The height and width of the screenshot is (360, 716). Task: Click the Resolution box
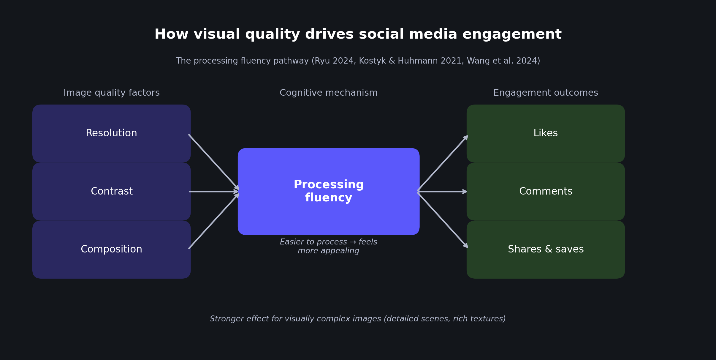coord(111,133)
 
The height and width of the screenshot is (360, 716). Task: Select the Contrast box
coord(111,192)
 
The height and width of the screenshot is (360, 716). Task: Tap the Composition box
coord(111,250)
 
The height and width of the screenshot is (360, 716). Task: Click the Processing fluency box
coord(328,191)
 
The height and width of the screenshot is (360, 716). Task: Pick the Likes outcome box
coord(546,133)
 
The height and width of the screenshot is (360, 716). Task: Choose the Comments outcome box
coord(546,192)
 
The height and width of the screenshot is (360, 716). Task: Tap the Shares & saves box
coord(546,250)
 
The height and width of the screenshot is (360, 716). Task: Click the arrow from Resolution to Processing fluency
coord(213,162)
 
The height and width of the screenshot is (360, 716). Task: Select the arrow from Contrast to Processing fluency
coord(213,192)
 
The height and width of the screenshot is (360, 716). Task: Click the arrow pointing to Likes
coord(443,163)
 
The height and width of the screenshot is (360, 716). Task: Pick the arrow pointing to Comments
coord(443,192)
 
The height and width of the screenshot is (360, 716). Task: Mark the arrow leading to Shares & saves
coord(443,220)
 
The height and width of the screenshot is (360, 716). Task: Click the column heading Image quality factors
coord(112,93)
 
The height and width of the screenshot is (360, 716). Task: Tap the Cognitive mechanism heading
coord(328,93)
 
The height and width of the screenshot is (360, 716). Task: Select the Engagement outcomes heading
coord(546,93)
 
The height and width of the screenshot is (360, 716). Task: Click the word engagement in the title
coord(512,35)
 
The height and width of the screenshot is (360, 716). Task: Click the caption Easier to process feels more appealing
coord(328,246)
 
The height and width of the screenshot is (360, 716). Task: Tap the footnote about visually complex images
coord(358,319)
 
